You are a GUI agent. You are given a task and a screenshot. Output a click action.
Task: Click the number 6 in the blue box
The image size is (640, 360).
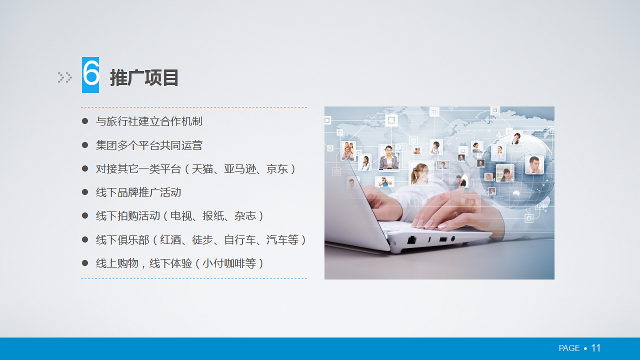90,75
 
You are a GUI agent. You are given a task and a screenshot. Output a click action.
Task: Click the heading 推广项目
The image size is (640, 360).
144,78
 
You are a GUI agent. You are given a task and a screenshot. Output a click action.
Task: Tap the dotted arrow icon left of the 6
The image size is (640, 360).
64,77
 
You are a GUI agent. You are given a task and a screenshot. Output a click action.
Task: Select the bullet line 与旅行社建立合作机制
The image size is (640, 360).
149,121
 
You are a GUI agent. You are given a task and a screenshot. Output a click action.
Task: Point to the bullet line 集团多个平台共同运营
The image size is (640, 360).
149,145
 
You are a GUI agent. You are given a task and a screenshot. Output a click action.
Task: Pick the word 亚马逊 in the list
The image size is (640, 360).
239,169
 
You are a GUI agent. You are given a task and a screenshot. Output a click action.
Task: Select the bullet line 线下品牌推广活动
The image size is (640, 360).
138,192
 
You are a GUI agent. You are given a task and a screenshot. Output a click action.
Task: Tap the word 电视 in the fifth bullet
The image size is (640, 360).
181,216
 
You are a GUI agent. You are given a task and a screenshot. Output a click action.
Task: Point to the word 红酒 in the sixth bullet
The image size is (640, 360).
170,240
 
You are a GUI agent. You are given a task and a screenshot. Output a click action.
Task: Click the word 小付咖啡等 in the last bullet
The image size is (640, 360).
229,263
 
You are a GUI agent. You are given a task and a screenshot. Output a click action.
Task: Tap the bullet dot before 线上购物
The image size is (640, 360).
85,263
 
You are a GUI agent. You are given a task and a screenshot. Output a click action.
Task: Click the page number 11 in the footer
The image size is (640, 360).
596,348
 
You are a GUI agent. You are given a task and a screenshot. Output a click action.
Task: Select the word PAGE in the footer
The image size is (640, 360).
569,348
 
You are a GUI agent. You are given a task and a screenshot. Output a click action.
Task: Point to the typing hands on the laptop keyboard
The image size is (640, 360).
430,210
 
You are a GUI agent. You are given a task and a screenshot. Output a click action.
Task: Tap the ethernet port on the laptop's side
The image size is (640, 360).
411,240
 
